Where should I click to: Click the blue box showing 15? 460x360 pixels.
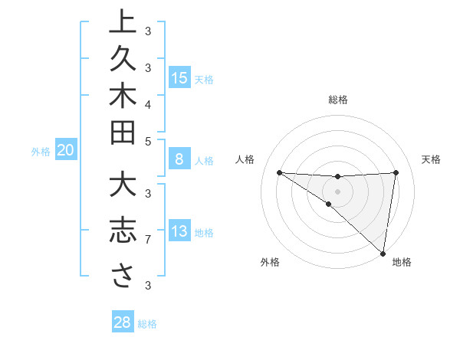(179, 78)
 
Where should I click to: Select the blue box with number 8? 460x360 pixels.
(179, 160)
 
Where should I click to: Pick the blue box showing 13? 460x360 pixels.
(179, 231)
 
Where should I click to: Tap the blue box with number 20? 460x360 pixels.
(65, 151)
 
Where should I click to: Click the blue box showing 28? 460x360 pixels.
(123, 322)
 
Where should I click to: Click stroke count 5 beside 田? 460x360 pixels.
(148, 141)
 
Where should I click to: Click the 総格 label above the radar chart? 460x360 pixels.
(338, 100)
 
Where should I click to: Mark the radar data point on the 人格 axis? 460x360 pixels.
(279, 172)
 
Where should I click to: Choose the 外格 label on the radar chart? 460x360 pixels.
(270, 262)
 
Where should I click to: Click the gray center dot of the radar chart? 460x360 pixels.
(337, 191)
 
